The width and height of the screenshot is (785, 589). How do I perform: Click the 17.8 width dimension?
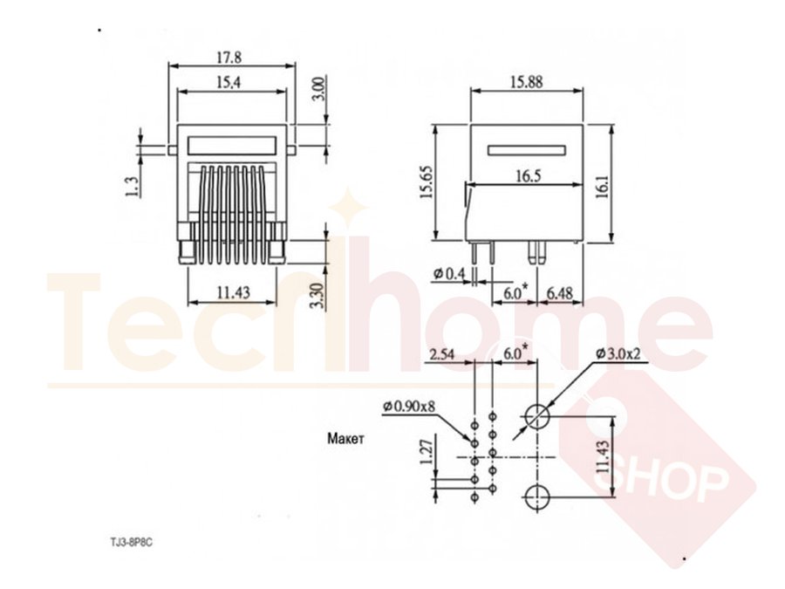(x=229, y=57)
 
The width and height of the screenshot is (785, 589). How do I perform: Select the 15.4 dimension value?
(x=229, y=82)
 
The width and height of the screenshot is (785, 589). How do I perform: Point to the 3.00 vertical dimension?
(x=319, y=89)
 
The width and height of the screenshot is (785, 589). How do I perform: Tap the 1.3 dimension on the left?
(x=132, y=187)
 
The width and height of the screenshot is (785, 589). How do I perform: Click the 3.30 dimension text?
(x=317, y=296)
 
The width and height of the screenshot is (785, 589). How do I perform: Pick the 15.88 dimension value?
(x=526, y=82)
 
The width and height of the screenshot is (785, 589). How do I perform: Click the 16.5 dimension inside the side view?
(x=529, y=175)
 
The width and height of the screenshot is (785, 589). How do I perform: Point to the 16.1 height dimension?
(x=603, y=187)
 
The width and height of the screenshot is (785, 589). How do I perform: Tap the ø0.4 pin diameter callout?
(x=449, y=273)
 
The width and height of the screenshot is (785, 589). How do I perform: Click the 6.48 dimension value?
(x=559, y=293)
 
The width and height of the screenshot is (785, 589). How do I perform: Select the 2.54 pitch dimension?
(x=442, y=354)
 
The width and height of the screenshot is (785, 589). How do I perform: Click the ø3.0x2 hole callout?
(x=618, y=353)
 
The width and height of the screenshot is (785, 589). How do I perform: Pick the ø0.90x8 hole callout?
(x=409, y=406)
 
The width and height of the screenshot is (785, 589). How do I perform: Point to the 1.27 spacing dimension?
(x=426, y=452)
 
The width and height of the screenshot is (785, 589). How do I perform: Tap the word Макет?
(x=346, y=439)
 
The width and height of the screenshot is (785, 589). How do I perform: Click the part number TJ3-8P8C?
(x=131, y=543)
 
